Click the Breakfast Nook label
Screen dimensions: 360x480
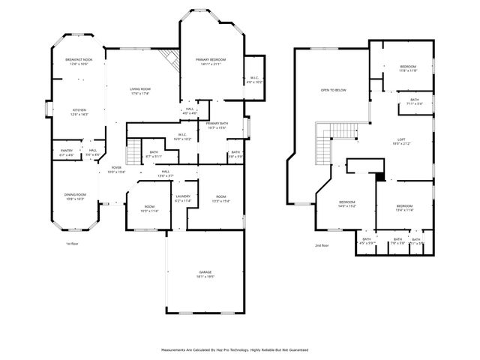[x=79, y=58]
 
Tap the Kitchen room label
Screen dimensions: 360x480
[x=79, y=109]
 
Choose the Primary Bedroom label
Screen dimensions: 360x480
[x=211, y=59]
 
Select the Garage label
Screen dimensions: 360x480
[x=205, y=271]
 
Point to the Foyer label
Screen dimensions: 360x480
[x=116, y=167]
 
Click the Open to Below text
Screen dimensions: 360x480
[x=333, y=90]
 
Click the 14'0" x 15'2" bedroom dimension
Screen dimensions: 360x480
[x=347, y=205]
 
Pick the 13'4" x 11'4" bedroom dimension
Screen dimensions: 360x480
[x=404, y=210]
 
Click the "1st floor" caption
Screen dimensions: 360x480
[x=71, y=244]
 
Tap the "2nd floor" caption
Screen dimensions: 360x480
[x=322, y=245]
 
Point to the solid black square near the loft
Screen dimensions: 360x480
[x=380, y=177]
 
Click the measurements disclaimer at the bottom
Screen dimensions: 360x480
[x=234, y=349]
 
